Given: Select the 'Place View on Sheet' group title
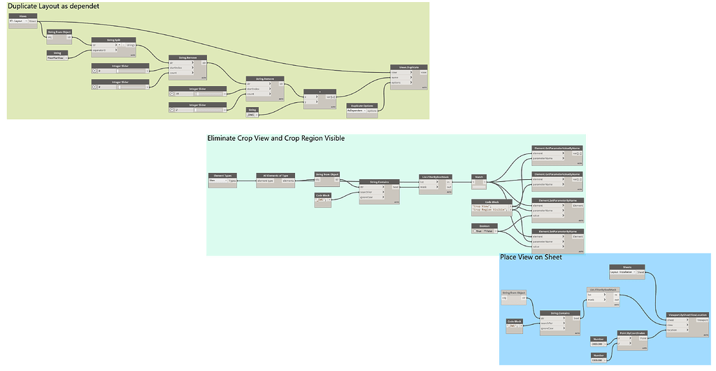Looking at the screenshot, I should (x=531, y=257).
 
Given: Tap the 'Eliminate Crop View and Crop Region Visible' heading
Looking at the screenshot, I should (x=275, y=138).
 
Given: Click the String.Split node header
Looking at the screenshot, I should (x=113, y=41).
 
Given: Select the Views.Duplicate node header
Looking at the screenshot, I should (x=409, y=67).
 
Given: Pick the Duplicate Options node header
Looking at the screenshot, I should (x=362, y=104).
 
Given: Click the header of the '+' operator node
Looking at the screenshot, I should (x=319, y=91).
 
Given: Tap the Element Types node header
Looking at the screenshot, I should (x=223, y=175).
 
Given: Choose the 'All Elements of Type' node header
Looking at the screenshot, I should (x=276, y=175).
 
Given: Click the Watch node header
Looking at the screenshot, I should (x=479, y=176).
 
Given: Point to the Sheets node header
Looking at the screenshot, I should (x=626, y=266).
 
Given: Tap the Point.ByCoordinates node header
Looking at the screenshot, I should (x=633, y=332).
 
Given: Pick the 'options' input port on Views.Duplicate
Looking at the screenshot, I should (x=396, y=83).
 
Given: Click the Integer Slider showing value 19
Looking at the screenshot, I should (x=198, y=93).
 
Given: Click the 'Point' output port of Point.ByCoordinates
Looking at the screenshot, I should (x=644, y=338).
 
